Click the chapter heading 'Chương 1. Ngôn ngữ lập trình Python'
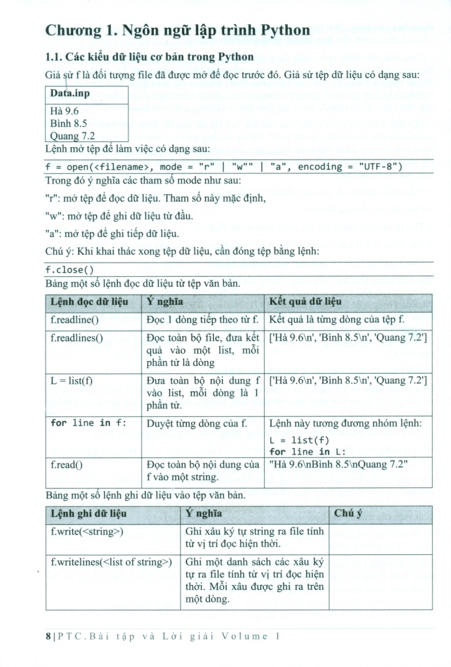177,31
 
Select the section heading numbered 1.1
149,57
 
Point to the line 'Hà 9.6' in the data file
63,111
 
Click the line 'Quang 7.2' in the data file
72,135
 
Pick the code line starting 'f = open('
224,167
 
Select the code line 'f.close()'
70,270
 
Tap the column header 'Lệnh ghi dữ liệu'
88,513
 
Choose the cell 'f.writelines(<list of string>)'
111,561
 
